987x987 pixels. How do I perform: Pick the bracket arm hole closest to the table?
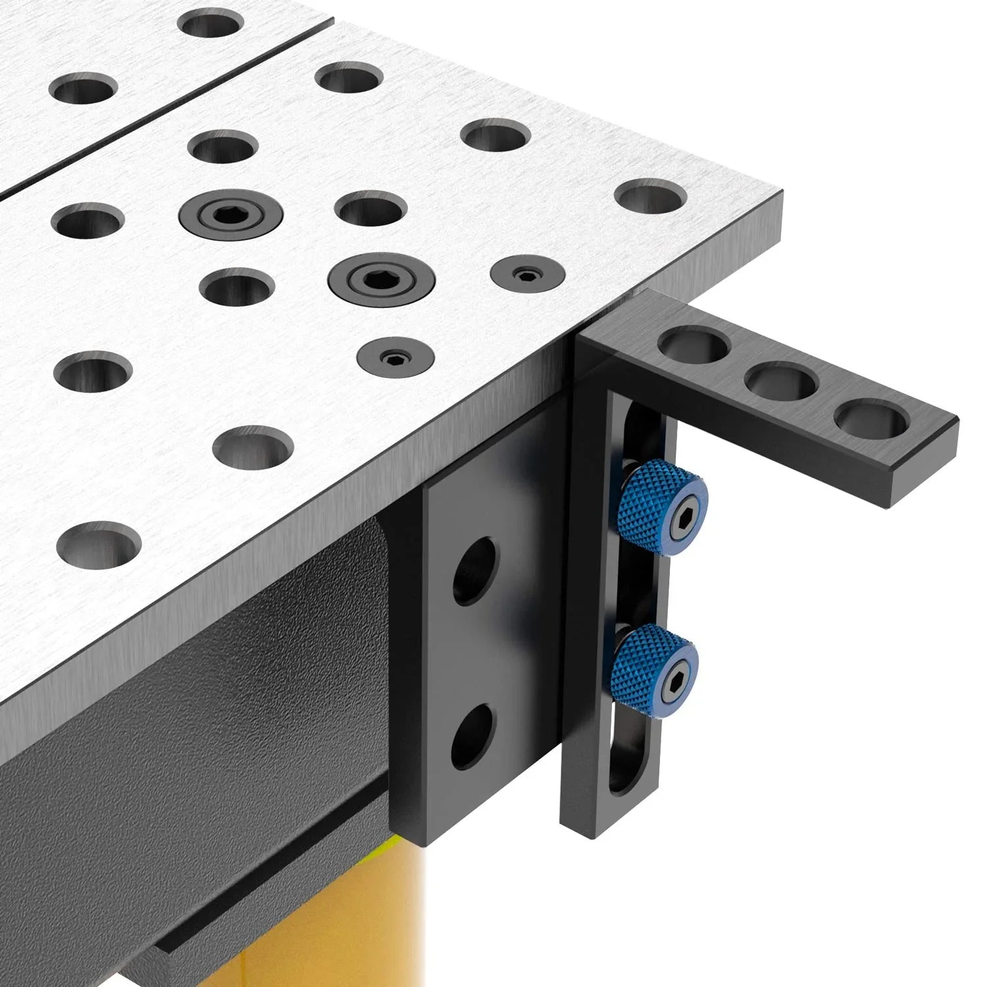coord(694,345)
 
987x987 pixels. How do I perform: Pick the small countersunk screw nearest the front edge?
coord(395,358)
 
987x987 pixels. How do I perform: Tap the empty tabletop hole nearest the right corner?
coord(650,196)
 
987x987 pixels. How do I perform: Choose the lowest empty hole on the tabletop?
coord(99,544)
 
